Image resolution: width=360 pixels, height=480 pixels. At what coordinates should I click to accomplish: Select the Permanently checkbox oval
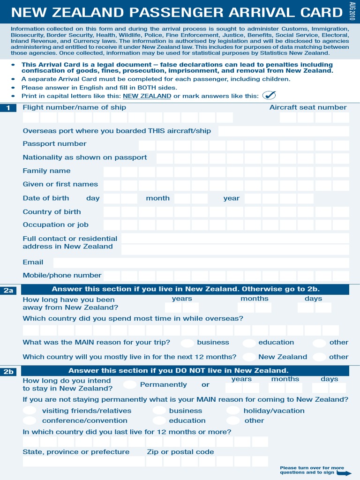[x=130, y=385]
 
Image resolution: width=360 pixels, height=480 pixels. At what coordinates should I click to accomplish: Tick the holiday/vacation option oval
[x=233, y=411]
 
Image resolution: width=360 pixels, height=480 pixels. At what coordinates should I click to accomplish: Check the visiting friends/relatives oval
[x=30, y=411]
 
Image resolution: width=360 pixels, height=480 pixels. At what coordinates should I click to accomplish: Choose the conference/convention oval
[x=30, y=420]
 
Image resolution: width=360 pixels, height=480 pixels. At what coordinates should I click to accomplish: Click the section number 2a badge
[x=9, y=291]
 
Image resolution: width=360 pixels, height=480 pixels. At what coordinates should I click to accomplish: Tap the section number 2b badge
[x=9, y=372]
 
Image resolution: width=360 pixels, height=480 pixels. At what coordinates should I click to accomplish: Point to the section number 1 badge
[x=9, y=109]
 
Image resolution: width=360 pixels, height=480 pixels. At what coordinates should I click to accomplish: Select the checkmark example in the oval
[x=269, y=96]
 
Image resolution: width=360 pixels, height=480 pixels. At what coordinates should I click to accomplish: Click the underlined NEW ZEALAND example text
[x=147, y=96]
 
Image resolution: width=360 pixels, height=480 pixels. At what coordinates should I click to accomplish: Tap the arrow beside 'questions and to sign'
[x=344, y=472]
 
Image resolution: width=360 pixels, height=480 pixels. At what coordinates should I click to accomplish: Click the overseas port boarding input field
[x=283, y=131]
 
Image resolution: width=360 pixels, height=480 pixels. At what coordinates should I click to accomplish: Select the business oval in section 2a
[x=187, y=343]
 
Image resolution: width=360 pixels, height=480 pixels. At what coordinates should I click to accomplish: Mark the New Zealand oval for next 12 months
[x=249, y=357]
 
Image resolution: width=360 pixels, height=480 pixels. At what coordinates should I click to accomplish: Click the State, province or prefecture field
[x=83, y=462]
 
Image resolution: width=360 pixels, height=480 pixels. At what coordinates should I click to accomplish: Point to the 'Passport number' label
[x=54, y=144]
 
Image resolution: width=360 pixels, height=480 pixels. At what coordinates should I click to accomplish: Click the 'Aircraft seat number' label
[x=307, y=107]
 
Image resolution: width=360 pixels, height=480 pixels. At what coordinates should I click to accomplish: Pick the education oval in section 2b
[x=159, y=420]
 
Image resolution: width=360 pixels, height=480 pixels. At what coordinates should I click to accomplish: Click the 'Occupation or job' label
[x=55, y=225]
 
